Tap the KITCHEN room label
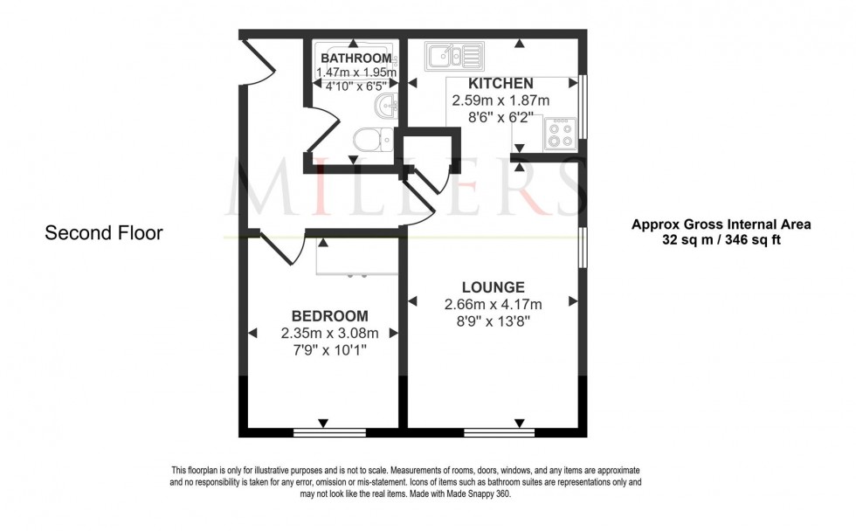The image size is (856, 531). pyautogui.click(x=500, y=84)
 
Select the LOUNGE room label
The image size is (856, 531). pyautogui.click(x=494, y=287)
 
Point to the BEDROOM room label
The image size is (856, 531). pyautogui.click(x=329, y=316)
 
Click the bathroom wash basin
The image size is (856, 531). pyautogui.click(x=387, y=106)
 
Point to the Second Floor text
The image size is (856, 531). pyautogui.click(x=104, y=233)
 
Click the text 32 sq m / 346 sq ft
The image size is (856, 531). pyautogui.click(x=721, y=239)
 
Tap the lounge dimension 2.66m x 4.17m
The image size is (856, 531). pyautogui.click(x=494, y=305)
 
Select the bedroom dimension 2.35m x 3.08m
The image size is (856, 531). pyautogui.click(x=329, y=334)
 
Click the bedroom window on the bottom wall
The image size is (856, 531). pyautogui.click(x=329, y=431)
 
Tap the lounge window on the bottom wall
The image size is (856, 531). pyautogui.click(x=499, y=431)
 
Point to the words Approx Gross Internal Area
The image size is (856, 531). pyautogui.click(x=721, y=224)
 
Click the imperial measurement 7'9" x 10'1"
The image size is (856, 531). pyautogui.click(x=329, y=350)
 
